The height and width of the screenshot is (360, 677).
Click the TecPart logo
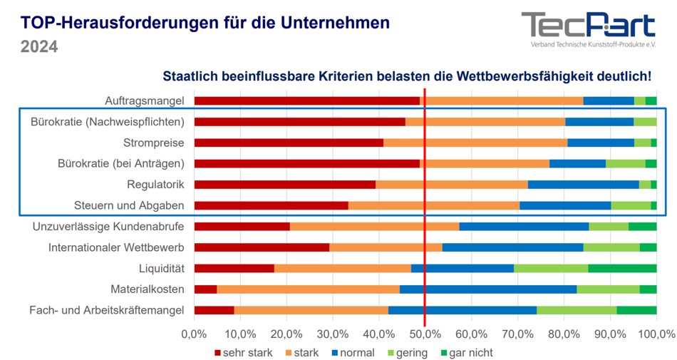[588, 29]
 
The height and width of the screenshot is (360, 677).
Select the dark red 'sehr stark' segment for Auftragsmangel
[306, 101]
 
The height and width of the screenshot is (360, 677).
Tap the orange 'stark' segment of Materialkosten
[308, 289]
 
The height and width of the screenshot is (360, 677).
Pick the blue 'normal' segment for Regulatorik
[583, 185]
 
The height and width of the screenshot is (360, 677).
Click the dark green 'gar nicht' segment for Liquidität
[622, 268]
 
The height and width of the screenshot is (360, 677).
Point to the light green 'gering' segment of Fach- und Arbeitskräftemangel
[577, 310]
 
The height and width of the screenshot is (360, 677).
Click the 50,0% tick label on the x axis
[425, 334]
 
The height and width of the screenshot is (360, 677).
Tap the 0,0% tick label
[194, 334]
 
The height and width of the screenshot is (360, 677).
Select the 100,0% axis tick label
[656, 334]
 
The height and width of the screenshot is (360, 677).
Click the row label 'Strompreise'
[153, 143]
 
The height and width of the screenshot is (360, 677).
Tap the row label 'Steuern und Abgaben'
[129, 205]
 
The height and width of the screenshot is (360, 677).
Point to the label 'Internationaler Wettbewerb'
[116, 247]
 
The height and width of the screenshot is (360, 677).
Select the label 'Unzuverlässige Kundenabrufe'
[108, 227]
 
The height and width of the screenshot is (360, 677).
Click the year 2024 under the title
[38, 47]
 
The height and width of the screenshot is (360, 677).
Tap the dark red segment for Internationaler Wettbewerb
[262, 247]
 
